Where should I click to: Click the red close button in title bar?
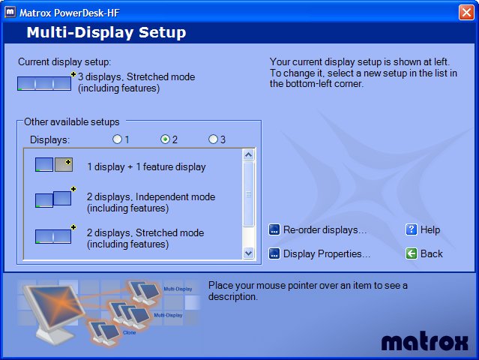click(x=466, y=13)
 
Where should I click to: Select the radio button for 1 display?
click(x=117, y=139)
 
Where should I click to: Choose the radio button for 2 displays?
click(x=165, y=139)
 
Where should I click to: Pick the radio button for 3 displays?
click(x=213, y=139)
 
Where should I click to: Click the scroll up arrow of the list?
click(x=249, y=155)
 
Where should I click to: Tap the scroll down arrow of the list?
click(x=249, y=253)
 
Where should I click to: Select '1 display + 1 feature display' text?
click(x=146, y=166)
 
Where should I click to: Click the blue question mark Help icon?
click(x=412, y=229)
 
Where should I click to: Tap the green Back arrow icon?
click(x=412, y=253)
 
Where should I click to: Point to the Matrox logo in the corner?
click(x=424, y=341)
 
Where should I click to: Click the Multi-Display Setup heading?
click(x=106, y=32)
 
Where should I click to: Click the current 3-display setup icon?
click(x=44, y=83)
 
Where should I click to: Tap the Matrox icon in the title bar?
click(x=10, y=12)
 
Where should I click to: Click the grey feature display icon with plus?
click(x=64, y=165)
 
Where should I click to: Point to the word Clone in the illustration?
click(x=129, y=332)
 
